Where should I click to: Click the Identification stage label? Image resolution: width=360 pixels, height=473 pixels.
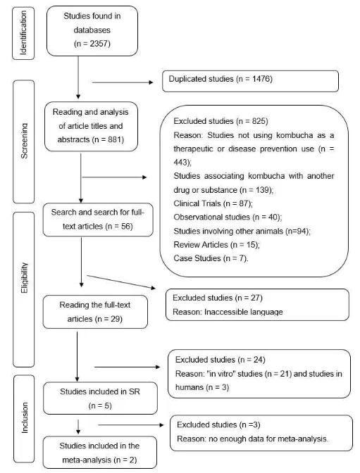pos(23,33)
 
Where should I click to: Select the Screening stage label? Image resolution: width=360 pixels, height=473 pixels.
pos(24,141)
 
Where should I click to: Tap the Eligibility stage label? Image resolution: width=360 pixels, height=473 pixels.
pos(24,278)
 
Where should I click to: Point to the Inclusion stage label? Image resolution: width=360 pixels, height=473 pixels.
pos(25,418)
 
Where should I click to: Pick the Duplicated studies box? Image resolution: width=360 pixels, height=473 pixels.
pos(250,81)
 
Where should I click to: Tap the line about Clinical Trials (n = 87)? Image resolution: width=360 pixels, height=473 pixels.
pos(213,203)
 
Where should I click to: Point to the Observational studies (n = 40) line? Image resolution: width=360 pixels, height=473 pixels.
pos(228,217)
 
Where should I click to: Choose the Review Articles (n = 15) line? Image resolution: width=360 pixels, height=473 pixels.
pos(216,245)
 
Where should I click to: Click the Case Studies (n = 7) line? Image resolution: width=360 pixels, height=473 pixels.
pos(211,258)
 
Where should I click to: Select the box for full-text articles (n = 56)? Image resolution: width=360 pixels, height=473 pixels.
pos(98,220)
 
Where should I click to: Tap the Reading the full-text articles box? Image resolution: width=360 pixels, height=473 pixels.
pos(95,312)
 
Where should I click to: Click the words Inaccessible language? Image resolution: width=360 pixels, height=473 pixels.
pos(244,312)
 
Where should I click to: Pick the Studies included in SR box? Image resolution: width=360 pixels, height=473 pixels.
pos(100,398)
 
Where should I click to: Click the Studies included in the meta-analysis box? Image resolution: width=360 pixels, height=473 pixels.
pos(99,453)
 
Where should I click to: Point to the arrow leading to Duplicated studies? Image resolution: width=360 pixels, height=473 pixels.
pos(123,82)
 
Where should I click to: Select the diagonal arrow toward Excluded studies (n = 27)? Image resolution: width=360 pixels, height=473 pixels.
pos(121,282)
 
